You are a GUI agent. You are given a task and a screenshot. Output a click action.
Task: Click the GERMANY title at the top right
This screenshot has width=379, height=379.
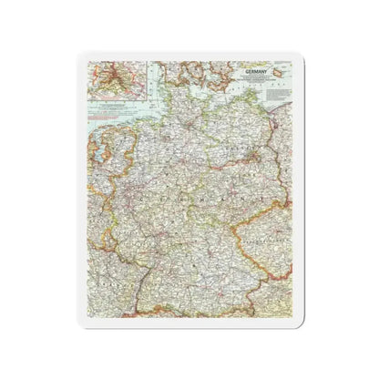(x=249, y=69)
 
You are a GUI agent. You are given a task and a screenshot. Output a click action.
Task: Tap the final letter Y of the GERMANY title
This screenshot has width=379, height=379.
(x=262, y=69)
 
